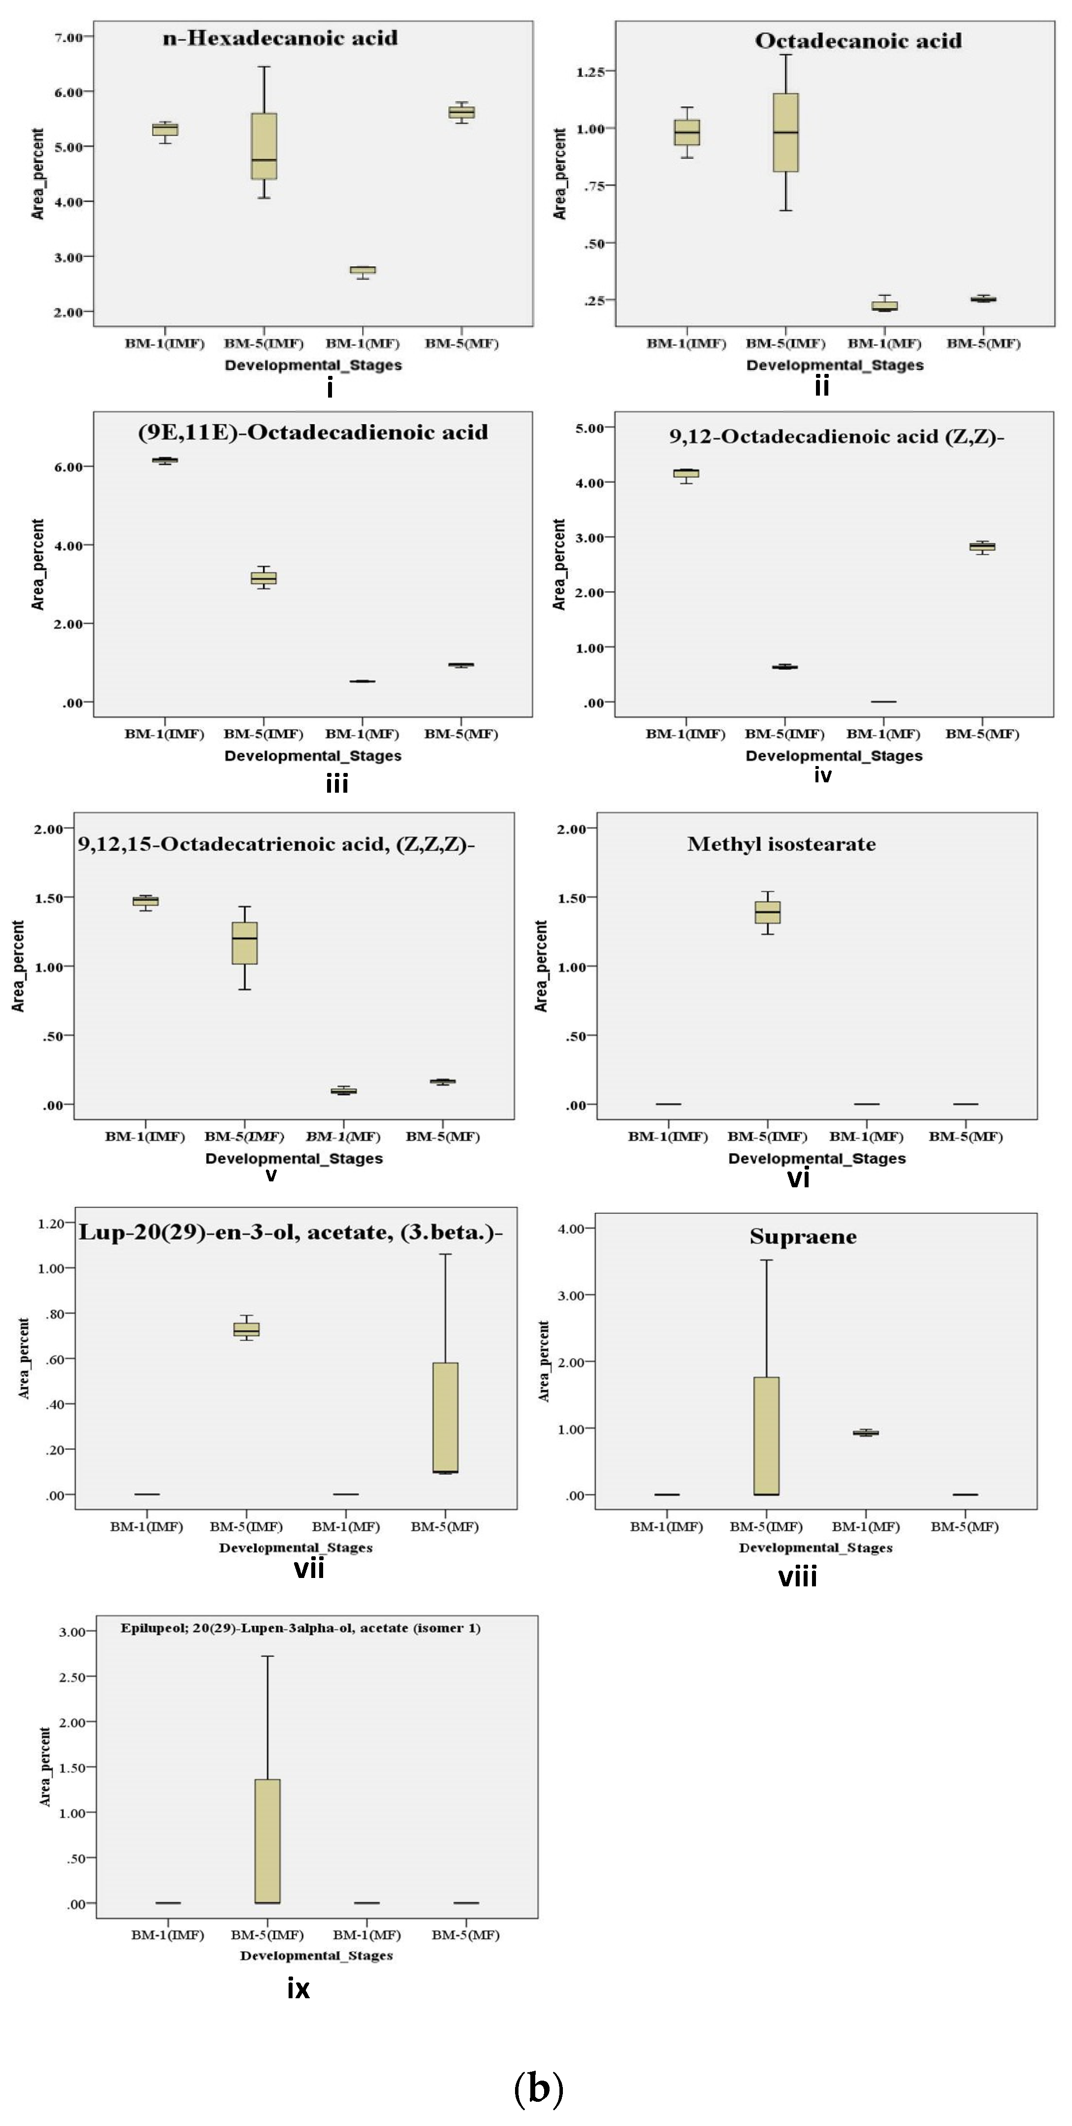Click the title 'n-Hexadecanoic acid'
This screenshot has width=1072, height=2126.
280,38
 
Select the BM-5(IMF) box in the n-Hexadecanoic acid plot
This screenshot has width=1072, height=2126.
264,146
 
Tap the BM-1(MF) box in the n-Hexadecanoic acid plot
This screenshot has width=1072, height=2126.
362,270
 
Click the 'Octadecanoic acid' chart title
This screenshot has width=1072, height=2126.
858,41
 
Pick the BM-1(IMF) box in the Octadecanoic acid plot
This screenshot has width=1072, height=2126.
687,132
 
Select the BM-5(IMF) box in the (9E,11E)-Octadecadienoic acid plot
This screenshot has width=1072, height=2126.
264,578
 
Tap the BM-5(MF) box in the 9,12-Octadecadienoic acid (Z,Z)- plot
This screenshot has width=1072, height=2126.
981,547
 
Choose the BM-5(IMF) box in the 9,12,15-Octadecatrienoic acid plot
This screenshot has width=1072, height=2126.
244,943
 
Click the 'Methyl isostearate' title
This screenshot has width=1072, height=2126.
781,843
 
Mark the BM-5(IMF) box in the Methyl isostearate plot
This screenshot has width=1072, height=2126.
768,912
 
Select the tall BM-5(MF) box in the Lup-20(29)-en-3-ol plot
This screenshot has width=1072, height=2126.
445,1417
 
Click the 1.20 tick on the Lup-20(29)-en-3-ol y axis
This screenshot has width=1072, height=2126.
51,1224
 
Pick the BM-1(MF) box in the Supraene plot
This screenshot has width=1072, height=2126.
866,1433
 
